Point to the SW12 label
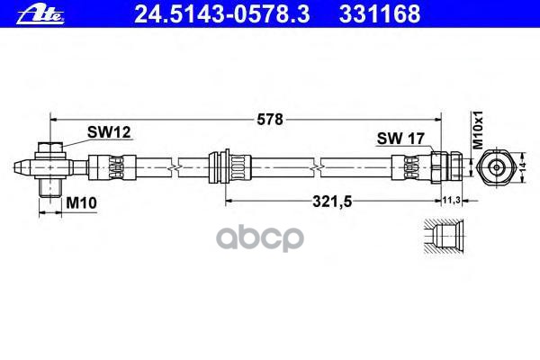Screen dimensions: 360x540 109,131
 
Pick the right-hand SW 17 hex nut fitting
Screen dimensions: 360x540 445,166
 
